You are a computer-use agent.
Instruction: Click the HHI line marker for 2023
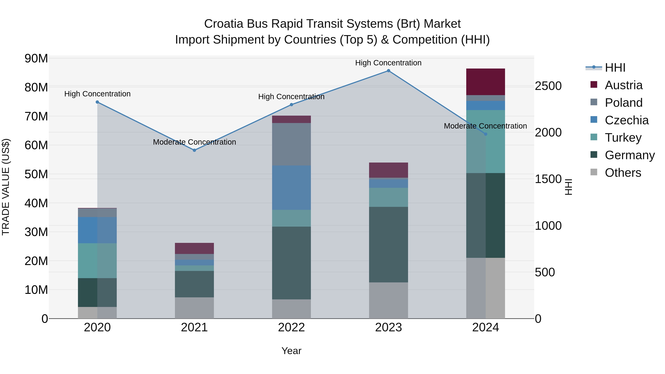tap(388, 71)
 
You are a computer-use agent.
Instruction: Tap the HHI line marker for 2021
tap(194, 150)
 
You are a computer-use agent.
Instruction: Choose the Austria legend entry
tap(623, 85)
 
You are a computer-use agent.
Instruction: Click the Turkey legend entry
tap(623, 138)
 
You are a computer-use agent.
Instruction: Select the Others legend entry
tap(623, 173)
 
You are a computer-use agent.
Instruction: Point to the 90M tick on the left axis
tap(36, 59)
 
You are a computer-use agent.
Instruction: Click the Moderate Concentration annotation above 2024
tap(485, 126)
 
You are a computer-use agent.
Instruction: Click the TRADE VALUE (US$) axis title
tap(6, 187)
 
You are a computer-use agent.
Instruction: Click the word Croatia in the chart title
tap(224, 24)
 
